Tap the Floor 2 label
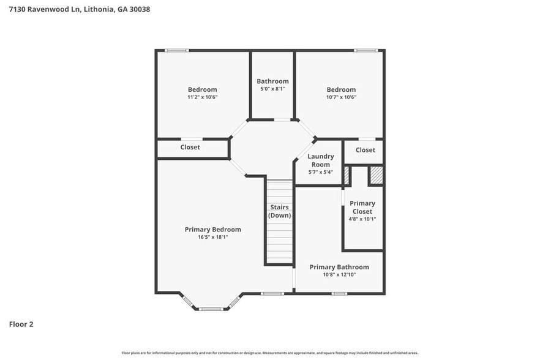(21, 324)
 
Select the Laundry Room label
(320, 160)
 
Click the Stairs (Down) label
(280, 211)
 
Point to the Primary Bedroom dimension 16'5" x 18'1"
(212, 237)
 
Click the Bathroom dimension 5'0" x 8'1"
(272, 89)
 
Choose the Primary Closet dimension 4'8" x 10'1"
(362, 219)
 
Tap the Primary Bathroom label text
(339, 267)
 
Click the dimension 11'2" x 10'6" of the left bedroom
(202, 97)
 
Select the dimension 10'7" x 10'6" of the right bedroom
(341, 97)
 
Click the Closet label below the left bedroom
(190, 147)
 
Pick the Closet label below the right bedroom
(366, 150)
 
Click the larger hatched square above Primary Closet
(375, 175)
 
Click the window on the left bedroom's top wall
(177, 50)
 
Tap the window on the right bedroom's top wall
(366, 50)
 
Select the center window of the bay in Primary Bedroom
(210, 309)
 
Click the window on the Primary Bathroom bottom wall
(339, 294)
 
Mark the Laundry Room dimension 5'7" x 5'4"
(320, 172)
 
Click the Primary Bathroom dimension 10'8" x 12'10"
(339, 274)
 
